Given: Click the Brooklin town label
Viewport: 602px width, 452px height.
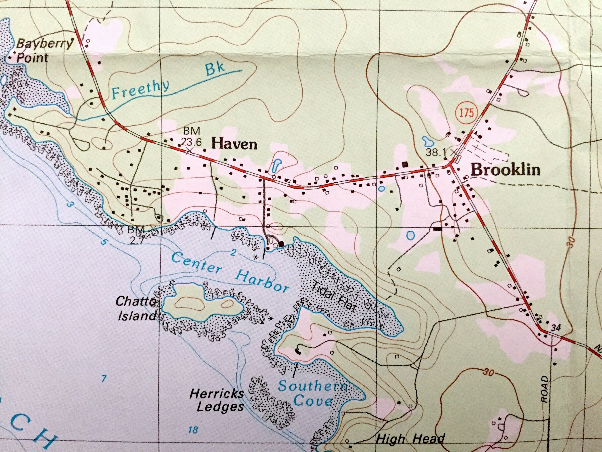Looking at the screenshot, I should (505, 170).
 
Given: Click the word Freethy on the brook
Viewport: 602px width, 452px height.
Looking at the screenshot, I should (140, 89).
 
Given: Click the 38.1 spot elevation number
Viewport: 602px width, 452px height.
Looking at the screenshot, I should (436, 152).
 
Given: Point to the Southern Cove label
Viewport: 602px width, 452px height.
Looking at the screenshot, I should (313, 394).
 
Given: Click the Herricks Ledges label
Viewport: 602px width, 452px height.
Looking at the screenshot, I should (217, 400).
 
